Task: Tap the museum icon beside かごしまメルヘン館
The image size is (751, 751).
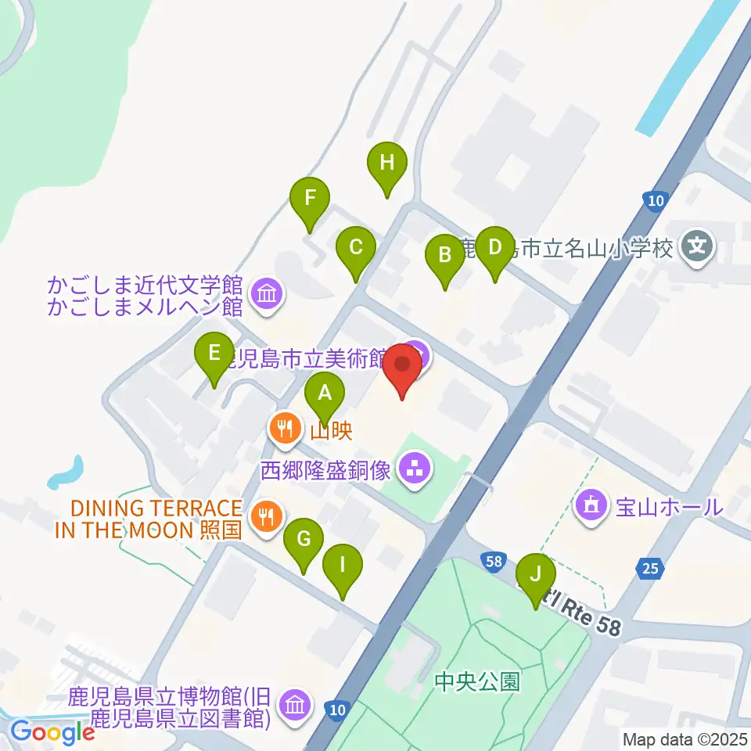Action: coord(268,295)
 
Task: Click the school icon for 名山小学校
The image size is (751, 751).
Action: coord(695,248)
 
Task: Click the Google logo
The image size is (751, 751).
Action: coord(52,733)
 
